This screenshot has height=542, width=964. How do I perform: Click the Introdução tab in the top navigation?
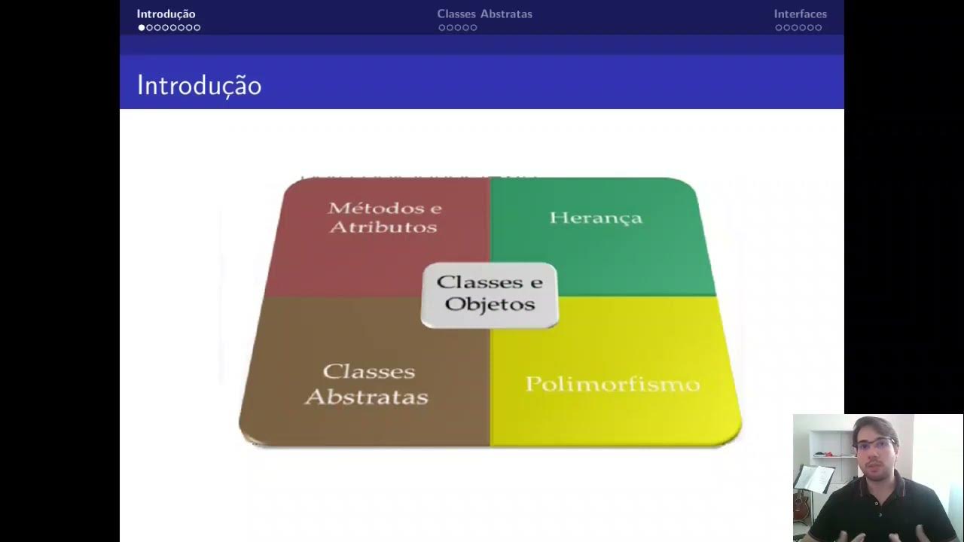[x=166, y=14]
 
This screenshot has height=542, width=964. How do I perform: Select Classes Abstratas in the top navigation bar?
[x=484, y=14]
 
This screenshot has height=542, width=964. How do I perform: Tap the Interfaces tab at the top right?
[x=800, y=14]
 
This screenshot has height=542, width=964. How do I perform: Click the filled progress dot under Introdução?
[x=142, y=28]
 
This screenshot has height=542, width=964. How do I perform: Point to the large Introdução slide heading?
[x=199, y=85]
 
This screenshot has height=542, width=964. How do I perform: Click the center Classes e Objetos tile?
[x=490, y=294]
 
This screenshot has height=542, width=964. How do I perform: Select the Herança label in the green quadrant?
[x=596, y=218]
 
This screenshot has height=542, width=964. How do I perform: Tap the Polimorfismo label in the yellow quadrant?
[x=612, y=384]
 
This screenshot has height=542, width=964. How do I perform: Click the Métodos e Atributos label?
[x=384, y=217]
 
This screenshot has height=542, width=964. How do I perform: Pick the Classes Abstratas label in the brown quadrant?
[x=367, y=384]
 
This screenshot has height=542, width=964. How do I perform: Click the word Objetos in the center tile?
[x=490, y=304]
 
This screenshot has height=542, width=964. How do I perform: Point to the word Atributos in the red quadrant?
[x=383, y=227]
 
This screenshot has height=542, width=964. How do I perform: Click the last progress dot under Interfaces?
[x=819, y=28]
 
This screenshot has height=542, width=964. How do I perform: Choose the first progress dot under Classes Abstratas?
[x=442, y=28]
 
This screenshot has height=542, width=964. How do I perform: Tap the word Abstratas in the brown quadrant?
[x=367, y=397]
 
